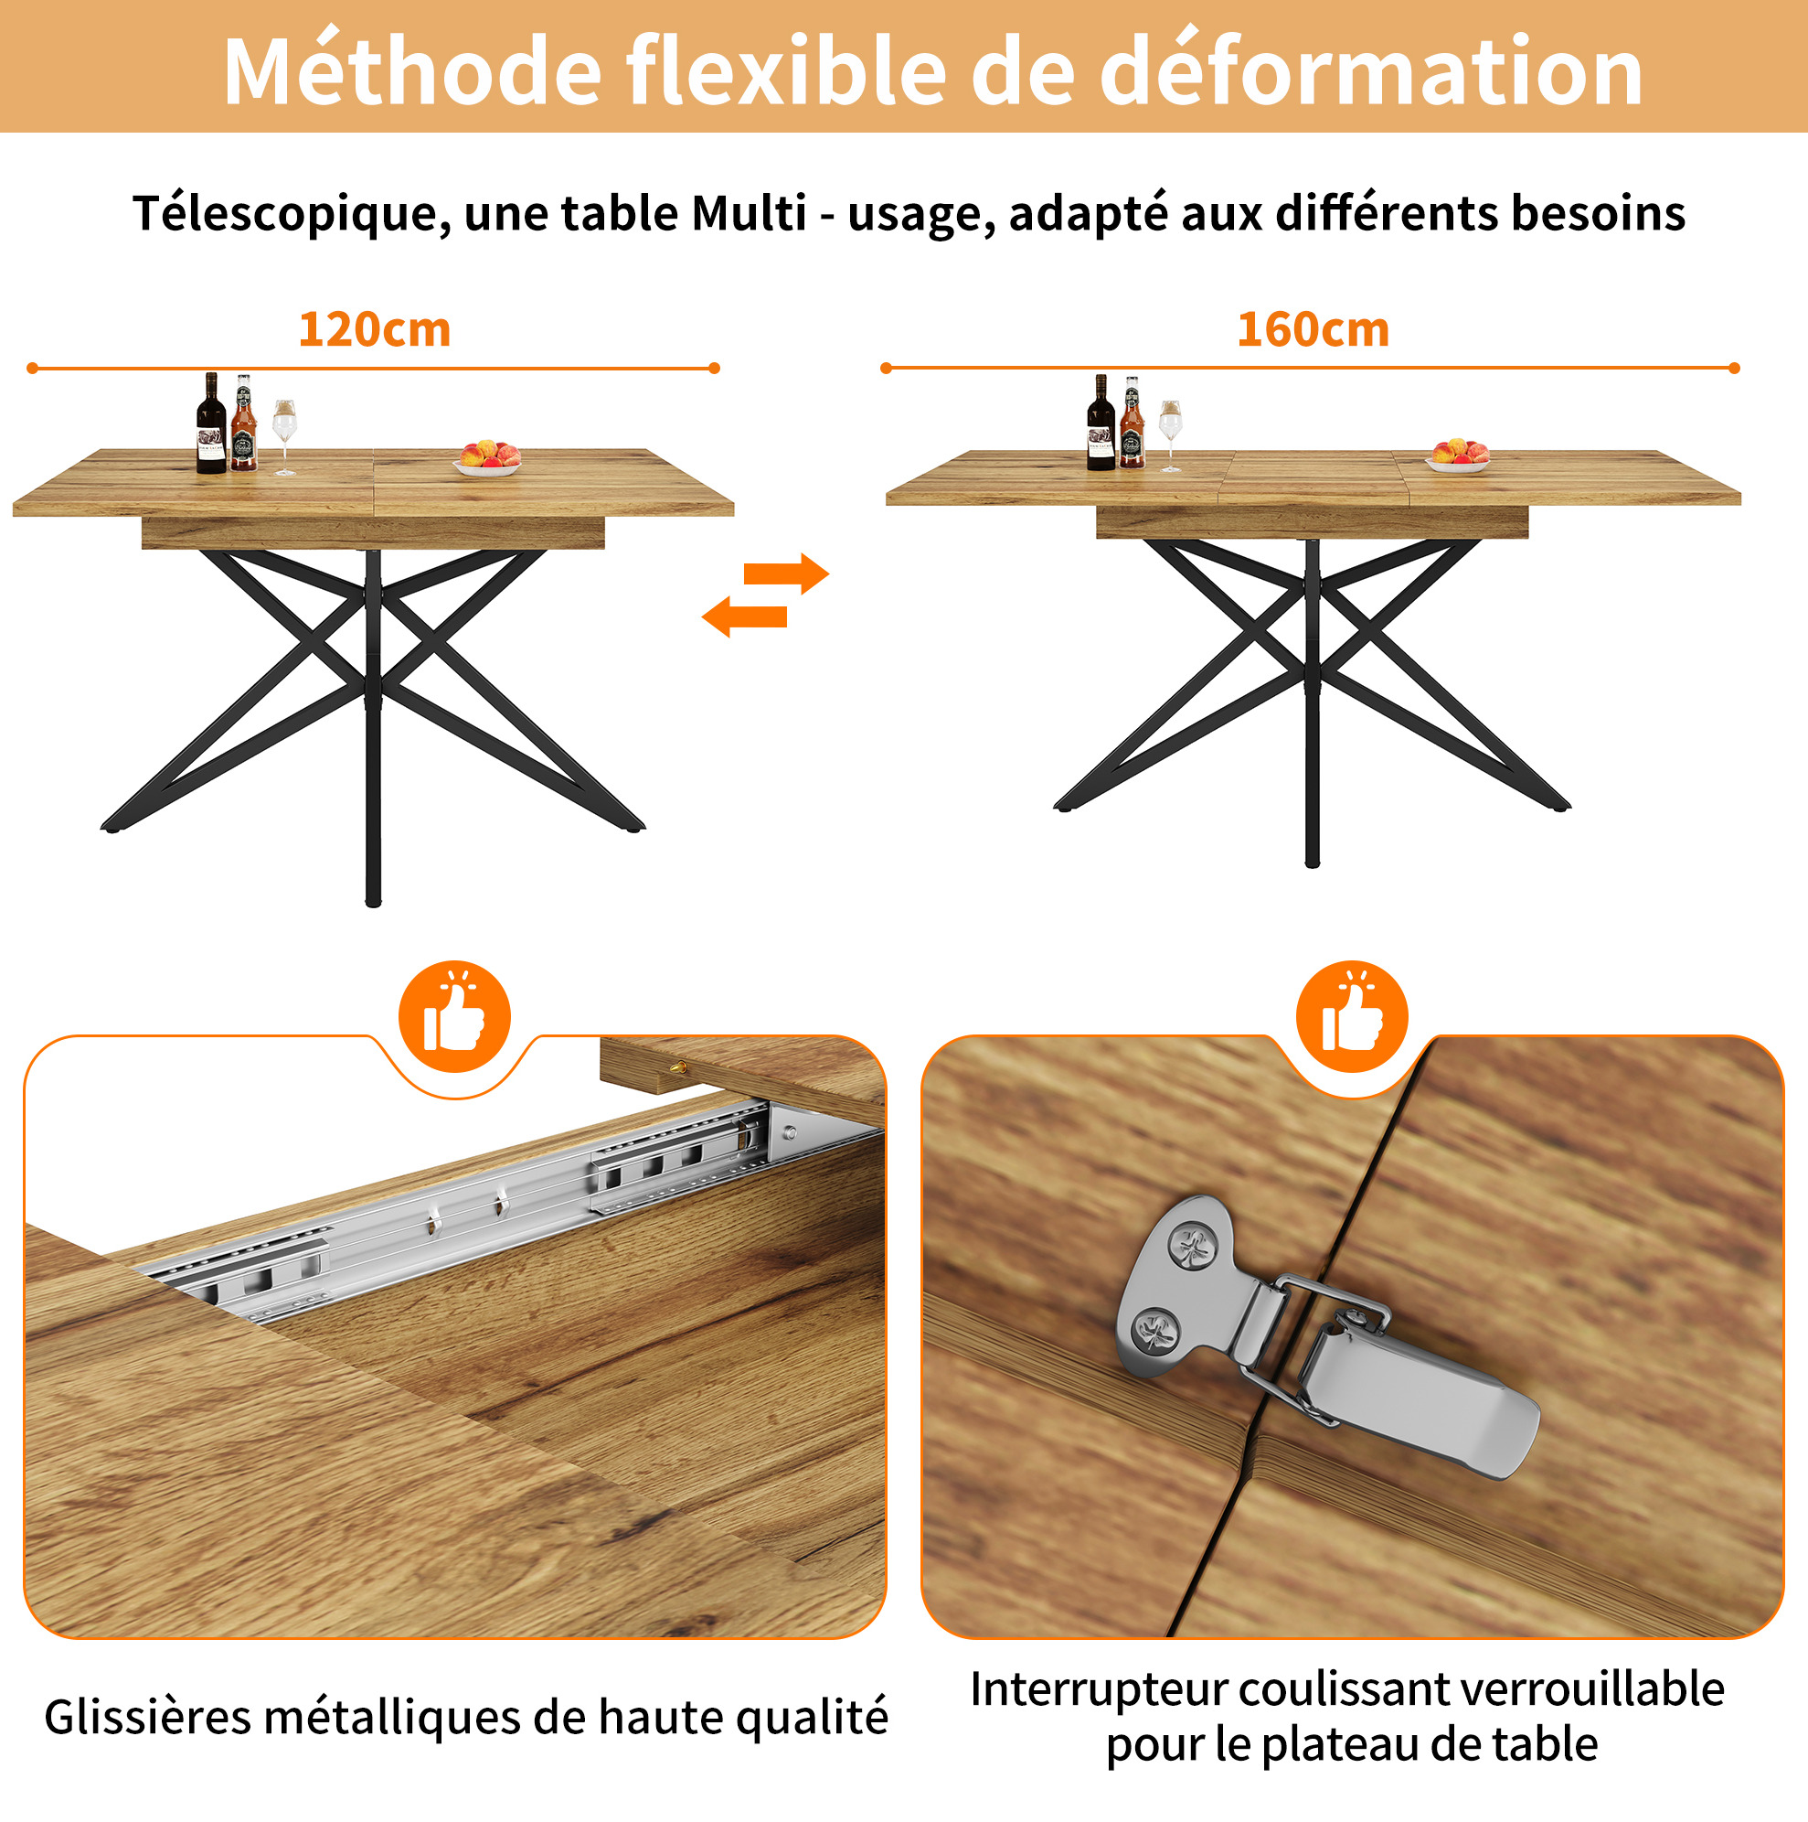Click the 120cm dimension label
[x=374, y=330]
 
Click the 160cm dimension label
[x=1313, y=330]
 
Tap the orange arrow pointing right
[x=786, y=573]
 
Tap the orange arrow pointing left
[x=745, y=616]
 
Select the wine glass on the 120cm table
[x=283, y=436]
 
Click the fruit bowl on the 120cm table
[x=487, y=458]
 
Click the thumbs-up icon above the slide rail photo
[x=454, y=1016]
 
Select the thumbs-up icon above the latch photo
[x=1352, y=1016]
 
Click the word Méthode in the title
[x=412, y=70]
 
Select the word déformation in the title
[x=1372, y=70]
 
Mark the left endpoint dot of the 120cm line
[x=32, y=368]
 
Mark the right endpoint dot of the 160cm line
[x=1735, y=368]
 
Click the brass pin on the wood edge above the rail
[x=676, y=1067]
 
